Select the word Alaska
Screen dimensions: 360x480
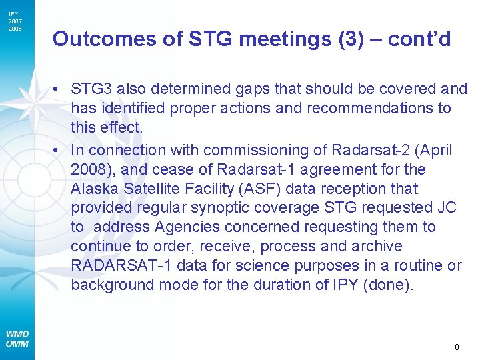pyautogui.click(x=95, y=189)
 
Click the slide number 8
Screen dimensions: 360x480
pyautogui.click(x=457, y=347)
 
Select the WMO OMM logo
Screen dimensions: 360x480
pyautogui.click(x=17, y=339)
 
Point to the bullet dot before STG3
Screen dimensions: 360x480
pyautogui.click(x=60, y=89)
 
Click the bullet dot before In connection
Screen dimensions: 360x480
pyautogui.click(x=60, y=151)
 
